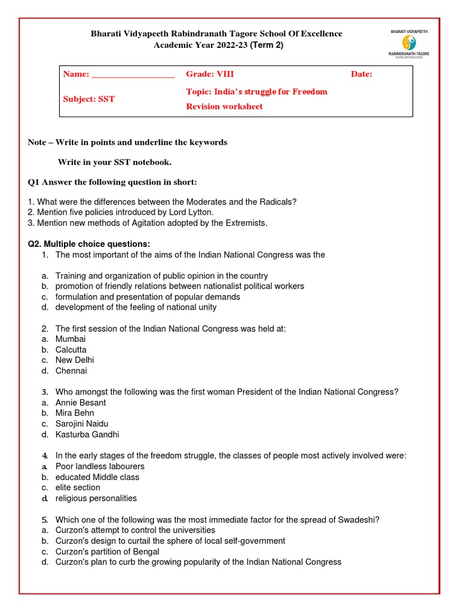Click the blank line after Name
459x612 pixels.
tap(133, 75)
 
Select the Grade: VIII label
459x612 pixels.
tap(210, 74)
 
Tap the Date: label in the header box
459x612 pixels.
tap(362, 74)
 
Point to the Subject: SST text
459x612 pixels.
tap(89, 99)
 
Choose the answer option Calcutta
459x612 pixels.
tap(71, 350)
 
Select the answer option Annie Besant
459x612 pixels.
tap(81, 402)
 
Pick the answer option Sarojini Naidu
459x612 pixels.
tap(82, 424)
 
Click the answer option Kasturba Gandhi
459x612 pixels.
tap(87, 434)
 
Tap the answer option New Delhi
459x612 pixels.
tap(75, 360)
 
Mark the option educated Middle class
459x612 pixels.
tap(97, 477)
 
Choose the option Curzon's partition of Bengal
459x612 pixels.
tap(107, 552)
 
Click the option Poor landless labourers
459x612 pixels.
tap(100, 466)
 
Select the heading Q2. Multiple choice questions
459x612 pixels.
tap(89, 244)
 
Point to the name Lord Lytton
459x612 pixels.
tap(191, 212)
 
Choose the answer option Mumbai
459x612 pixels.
tap(71, 339)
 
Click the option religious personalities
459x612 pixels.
tap(96, 498)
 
